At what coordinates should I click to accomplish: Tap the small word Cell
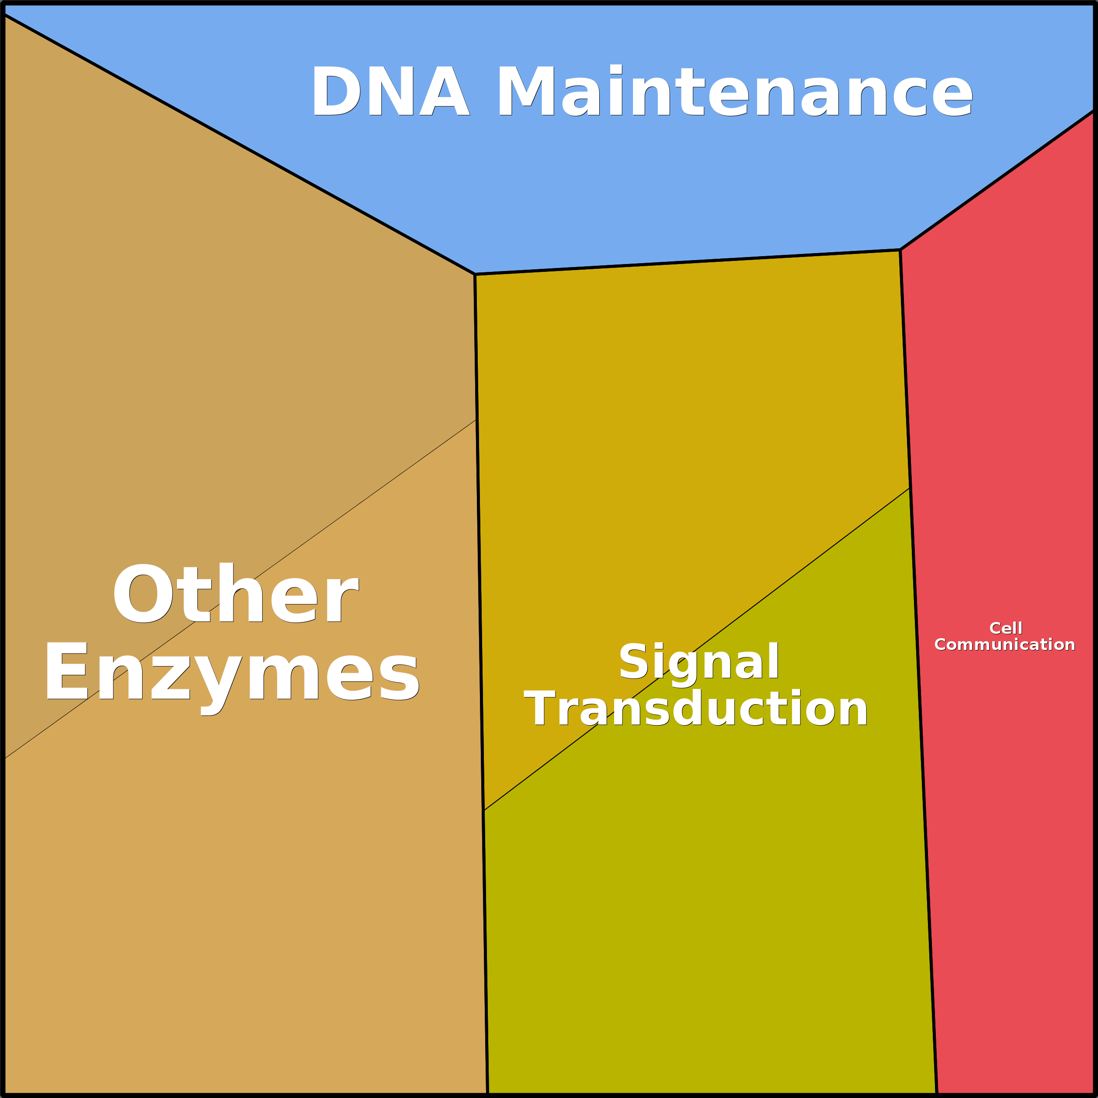[1006, 628]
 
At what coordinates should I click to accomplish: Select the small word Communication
[1005, 644]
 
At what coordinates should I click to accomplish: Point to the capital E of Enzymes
[67, 670]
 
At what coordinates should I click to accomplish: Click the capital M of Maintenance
[527, 90]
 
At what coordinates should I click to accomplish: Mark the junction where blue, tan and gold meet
[475, 274]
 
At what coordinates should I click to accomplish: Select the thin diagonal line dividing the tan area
[240, 589]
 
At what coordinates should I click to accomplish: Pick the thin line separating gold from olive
[697, 649]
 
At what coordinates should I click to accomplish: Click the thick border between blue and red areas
[998, 180]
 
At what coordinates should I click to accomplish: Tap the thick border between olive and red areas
[923, 791]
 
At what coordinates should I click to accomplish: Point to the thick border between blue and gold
[688, 262]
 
